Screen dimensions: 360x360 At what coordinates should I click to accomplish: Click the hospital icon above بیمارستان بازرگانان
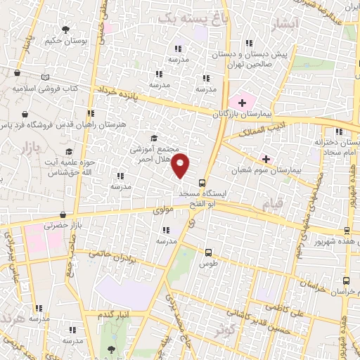pyautogui.click(x=241, y=103)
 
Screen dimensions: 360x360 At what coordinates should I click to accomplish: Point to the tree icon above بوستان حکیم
pyautogui.click(x=65, y=30)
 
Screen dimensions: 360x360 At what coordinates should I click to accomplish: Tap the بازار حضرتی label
pyautogui.click(x=60, y=226)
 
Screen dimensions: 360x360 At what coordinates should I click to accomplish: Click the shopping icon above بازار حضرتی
pyautogui.click(x=63, y=215)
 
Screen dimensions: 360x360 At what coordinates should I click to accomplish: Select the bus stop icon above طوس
pyautogui.click(x=209, y=252)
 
